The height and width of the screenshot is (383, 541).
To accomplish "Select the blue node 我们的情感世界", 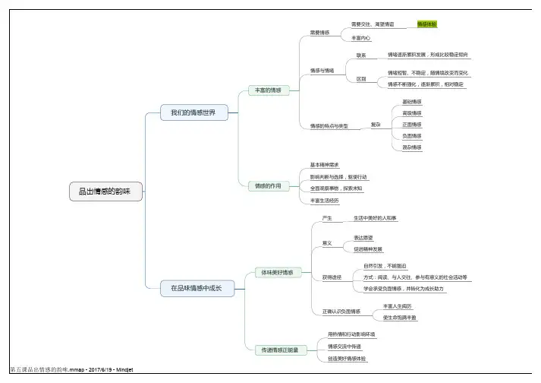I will pyautogui.click(x=188, y=112).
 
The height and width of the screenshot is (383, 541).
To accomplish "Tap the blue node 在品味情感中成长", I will pyautogui.click(x=196, y=288).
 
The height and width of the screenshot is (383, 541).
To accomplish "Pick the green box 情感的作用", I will pyautogui.click(x=268, y=185).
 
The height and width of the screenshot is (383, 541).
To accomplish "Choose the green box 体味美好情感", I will pyautogui.click(x=277, y=271).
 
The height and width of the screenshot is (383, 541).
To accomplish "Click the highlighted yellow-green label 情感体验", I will pyautogui.click(x=427, y=24).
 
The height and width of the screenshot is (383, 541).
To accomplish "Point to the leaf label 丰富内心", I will pyautogui.click(x=361, y=37).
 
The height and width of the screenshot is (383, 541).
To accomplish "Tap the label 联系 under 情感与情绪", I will pyautogui.click(x=361, y=55).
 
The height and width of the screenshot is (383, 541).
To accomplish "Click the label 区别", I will pyautogui.click(x=361, y=78).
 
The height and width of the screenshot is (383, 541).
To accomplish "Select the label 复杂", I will pyautogui.click(x=375, y=124).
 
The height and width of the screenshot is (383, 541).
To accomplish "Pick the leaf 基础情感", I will pyautogui.click(x=412, y=102).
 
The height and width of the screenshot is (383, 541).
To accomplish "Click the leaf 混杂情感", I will pyautogui.click(x=412, y=147).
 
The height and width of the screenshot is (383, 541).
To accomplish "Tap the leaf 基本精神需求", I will pyautogui.click(x=324, y=165).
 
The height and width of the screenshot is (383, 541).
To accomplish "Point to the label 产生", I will pyautogui.click(x=327, y=218).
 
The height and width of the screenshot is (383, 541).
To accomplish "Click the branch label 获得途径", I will pyautogui.click(x=331, y=277).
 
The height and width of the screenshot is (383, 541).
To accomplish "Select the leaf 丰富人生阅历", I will pyautogui.click(x=397, y=305).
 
